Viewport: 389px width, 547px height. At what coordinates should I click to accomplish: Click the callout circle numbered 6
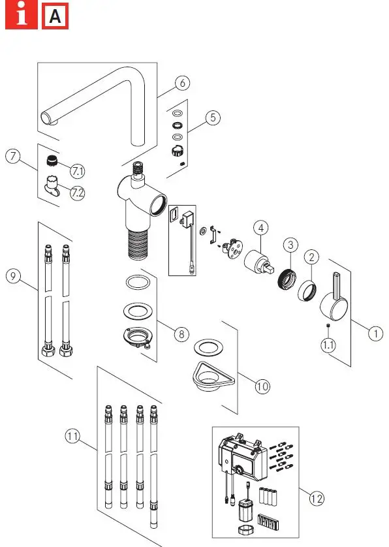182,83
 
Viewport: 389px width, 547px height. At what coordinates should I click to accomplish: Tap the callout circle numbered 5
213,118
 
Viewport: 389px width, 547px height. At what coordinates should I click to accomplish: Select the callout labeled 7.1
78,171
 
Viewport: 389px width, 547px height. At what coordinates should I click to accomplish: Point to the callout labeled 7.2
78,193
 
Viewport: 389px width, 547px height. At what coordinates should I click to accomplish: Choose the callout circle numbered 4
261,228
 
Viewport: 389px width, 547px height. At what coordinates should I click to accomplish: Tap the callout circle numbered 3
290,244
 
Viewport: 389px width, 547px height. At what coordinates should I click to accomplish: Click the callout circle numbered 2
312,257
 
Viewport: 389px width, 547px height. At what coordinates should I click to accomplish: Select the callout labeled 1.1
329,345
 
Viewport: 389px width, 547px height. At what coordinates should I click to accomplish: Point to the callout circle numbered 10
262,386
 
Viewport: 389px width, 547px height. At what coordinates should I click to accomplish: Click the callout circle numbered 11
74,435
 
